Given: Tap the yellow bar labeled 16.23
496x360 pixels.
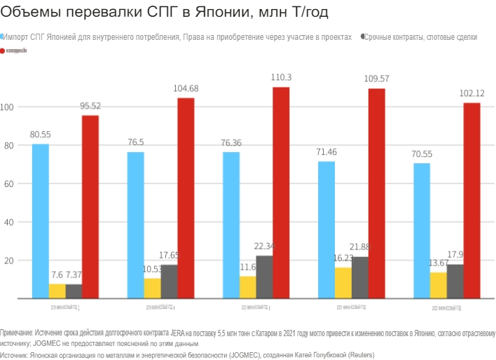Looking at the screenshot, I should (x=343, y=283).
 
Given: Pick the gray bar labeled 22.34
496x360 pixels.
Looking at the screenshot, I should (x=265, y=277).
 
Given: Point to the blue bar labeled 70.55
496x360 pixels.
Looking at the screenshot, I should (x=422, y=231).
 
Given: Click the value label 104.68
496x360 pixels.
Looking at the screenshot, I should (x=186, y=88).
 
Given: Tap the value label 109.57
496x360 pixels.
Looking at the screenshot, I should (x=376, y=79).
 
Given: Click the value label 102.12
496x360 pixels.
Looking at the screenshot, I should (x=471, y=93).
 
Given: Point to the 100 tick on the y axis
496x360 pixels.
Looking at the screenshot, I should (x=7, y=107).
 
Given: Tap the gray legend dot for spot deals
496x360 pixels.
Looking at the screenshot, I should (x=361, y=36).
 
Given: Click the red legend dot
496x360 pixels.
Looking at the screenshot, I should (x=4, y=51).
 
